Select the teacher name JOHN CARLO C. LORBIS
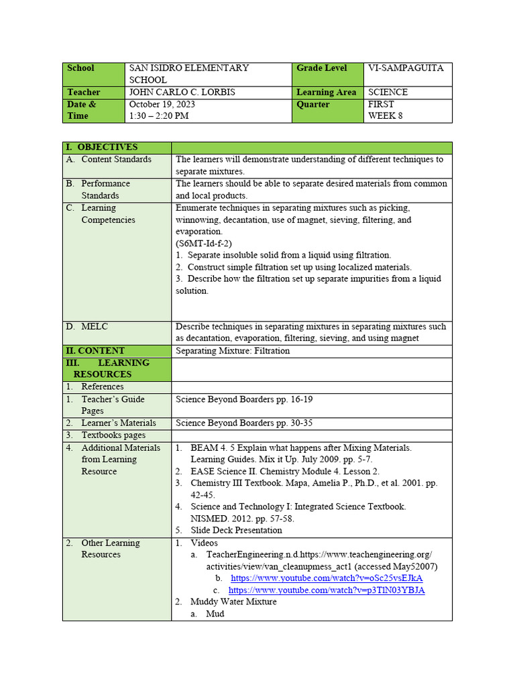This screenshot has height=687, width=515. click(182, 93)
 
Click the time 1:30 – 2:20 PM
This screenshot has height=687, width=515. click(159, 116)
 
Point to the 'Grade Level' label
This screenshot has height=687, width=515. click(322, 68)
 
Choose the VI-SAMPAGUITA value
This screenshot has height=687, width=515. click(406, 68)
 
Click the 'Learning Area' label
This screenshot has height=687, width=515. click(327, 93)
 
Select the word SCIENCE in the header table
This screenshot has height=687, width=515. click(388, 93)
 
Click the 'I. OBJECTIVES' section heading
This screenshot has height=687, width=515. click(101, 148)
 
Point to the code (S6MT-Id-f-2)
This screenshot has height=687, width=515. click(204, 244)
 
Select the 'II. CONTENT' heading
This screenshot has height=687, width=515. click(95, 351)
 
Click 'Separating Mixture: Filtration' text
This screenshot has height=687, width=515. click(233, 351)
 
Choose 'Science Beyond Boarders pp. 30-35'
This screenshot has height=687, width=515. click(244, 423)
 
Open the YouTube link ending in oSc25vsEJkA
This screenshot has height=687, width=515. click(327, 578)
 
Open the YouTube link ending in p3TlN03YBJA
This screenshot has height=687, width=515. click(327, 590)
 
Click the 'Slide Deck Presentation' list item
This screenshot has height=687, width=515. click(236, 530)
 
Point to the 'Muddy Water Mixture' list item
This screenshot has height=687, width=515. click(233, 602)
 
